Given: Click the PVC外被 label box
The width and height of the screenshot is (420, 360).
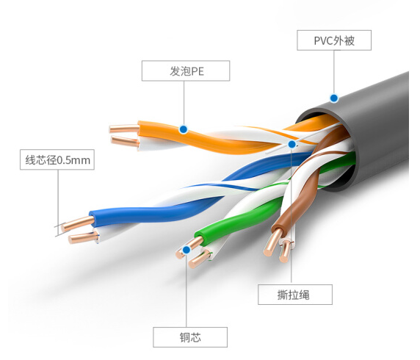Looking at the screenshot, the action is coord(334,40).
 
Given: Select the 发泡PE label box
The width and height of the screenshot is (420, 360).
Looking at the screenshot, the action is coord(186,71).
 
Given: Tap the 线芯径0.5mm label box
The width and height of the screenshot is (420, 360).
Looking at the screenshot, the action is coord(57,159).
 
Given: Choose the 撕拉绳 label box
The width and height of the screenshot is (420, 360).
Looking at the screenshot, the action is coord(295,295).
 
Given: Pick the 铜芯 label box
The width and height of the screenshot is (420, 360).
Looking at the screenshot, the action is coord(190,337).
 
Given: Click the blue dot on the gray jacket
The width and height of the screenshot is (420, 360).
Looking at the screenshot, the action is coord(334,98).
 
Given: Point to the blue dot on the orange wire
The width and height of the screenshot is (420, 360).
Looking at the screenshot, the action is coord(184,129).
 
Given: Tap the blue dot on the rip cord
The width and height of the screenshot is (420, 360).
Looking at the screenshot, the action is coord(292,144).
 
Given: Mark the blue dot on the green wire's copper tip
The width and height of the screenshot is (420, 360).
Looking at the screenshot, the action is coord(187,250).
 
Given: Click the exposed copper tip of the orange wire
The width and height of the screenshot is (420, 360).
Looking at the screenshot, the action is coord(125,129).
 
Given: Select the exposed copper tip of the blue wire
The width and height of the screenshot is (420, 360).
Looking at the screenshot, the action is coord(78,224).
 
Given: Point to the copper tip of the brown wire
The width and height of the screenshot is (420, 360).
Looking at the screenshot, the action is coord(272,242).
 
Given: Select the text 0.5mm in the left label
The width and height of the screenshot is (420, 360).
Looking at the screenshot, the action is coord(73,160).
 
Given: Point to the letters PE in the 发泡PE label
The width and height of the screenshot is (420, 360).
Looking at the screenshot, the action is coord(197,71).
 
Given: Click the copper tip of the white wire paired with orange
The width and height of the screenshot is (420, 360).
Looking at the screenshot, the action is coord(125,141).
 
